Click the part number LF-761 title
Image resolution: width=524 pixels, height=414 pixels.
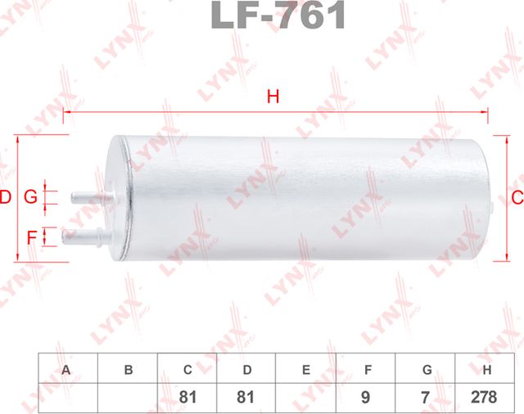(278, 16)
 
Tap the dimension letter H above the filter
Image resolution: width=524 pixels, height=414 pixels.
(273, 97)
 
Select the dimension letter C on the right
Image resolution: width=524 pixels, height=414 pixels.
(516, 197)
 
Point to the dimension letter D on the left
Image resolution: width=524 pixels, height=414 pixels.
(6, 197)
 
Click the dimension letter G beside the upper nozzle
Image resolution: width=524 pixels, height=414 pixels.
(30, 197)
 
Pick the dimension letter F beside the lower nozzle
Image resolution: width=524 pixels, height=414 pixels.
(31, 237)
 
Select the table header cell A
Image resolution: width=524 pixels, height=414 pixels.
(68, 370)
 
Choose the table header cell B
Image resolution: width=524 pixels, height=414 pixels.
(128, 370)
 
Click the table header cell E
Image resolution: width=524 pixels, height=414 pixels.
(306, 370)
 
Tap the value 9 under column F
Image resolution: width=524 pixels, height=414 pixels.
(366, 396)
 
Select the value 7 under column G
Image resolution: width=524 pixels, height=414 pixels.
(426, 396)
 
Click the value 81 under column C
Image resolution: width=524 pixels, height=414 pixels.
(187, 396)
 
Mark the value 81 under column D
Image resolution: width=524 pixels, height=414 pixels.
(246, 396)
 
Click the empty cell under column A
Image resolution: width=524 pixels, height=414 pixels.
(68, 396)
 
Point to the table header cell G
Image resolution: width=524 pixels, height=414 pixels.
(426, 370)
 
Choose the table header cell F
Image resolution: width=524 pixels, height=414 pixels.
(366, 370)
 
